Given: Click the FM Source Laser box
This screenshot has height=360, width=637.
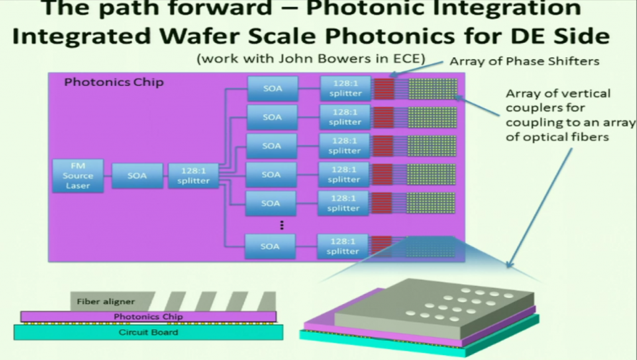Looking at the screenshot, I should [x=78, y=176].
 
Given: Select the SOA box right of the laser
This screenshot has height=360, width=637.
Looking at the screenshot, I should [x=137, y=176].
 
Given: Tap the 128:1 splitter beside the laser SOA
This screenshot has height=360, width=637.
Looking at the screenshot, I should [x=193, y=176].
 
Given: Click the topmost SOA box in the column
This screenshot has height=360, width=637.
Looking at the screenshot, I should [x=272, y=88].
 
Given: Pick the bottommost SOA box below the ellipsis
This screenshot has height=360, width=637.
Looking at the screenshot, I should [x=270, y=246].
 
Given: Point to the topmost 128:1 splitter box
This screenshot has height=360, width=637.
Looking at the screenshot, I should [x=345, y=88].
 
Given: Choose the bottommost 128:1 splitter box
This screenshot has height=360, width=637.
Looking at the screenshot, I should [x=343, y=246].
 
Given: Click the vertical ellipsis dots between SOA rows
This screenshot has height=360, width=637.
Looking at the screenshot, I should [x=281, y=224].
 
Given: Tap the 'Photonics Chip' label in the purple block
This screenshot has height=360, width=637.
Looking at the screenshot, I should [x=114, y=82].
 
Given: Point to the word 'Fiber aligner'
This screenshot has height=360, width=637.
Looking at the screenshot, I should [x=106, y=302].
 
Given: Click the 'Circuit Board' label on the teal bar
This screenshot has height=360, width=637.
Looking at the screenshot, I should [x=148, y=332].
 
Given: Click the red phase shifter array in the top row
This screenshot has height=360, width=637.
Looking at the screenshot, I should [x=384, y=88].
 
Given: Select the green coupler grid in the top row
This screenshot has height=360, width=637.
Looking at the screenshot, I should [x=432, y=88].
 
